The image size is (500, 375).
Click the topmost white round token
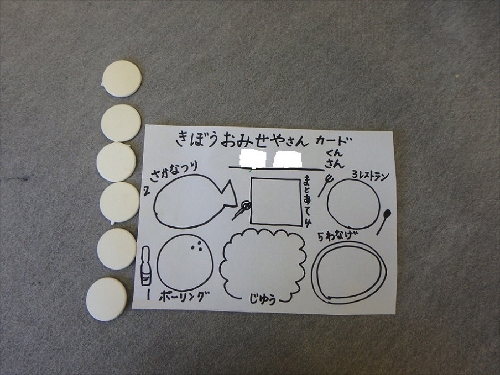pyautogui.click(x=122, y=78)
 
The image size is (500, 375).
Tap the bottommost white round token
pyautogui.click(x=107, y=299)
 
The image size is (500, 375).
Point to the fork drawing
pyautogui.click(x=325, y=184)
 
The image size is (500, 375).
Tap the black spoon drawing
pyautogui.click(x=383, y=221)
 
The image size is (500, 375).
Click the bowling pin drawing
pyautogui.click(x=145, y=266)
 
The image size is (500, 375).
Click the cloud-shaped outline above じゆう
pyautogui.click(x=223, y=264)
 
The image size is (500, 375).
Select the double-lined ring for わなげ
pyautogui.click(x=314, y=271)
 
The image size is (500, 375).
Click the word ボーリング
pyautogui.click(x=182, y=297)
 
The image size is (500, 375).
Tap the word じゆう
pyautogui.click(x=262, y=300)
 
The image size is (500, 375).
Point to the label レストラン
pyautogui.click(x=374, y=176)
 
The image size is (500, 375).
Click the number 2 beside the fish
pyautogui.click(x=147, y=191)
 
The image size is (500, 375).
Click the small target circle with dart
pyautogui.click(x=245, y=205)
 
